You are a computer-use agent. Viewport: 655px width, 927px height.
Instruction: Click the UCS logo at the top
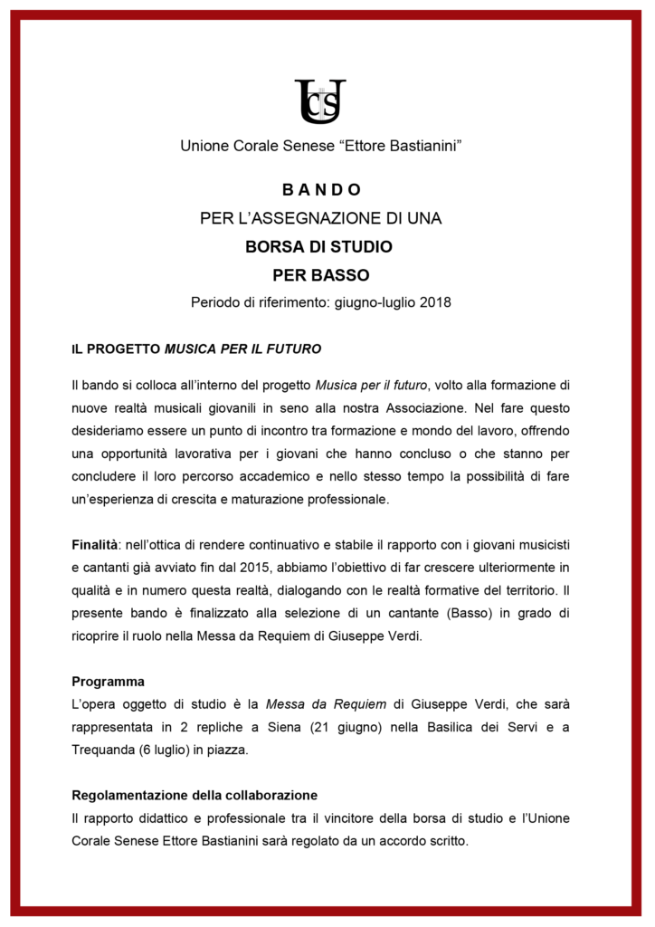click(320, 101)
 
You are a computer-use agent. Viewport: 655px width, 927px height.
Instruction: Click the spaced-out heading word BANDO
click(321, 190)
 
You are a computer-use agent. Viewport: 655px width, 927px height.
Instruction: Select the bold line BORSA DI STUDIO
click(318, 246)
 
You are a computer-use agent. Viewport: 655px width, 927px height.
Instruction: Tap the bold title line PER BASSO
click(321, 274)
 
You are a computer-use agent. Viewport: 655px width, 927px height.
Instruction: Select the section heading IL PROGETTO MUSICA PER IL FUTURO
click(196, 349)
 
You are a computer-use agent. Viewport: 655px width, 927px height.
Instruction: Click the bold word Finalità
click(95, 545)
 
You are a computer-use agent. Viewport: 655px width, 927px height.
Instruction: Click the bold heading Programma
click(108, 681)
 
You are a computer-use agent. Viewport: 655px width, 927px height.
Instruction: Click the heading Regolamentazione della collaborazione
click(195, 796)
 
